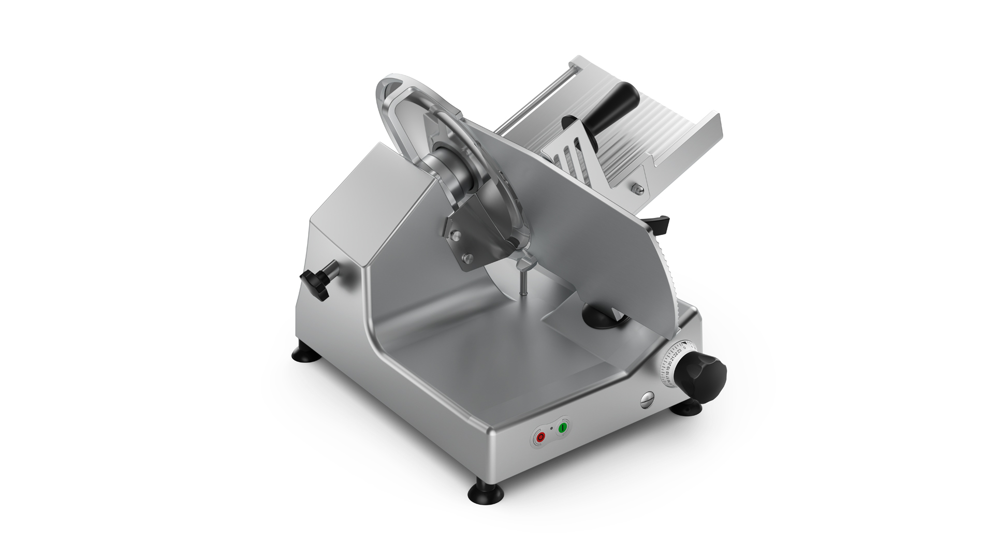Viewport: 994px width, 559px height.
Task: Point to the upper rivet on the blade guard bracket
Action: (x=456, y=235)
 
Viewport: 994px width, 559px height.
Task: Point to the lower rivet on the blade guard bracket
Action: (x=468, y=257)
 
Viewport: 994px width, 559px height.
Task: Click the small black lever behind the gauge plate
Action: (x=660, y=223)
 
